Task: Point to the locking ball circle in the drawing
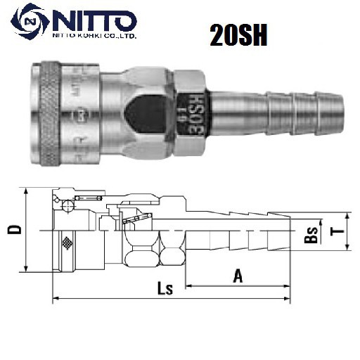(66, 205)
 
